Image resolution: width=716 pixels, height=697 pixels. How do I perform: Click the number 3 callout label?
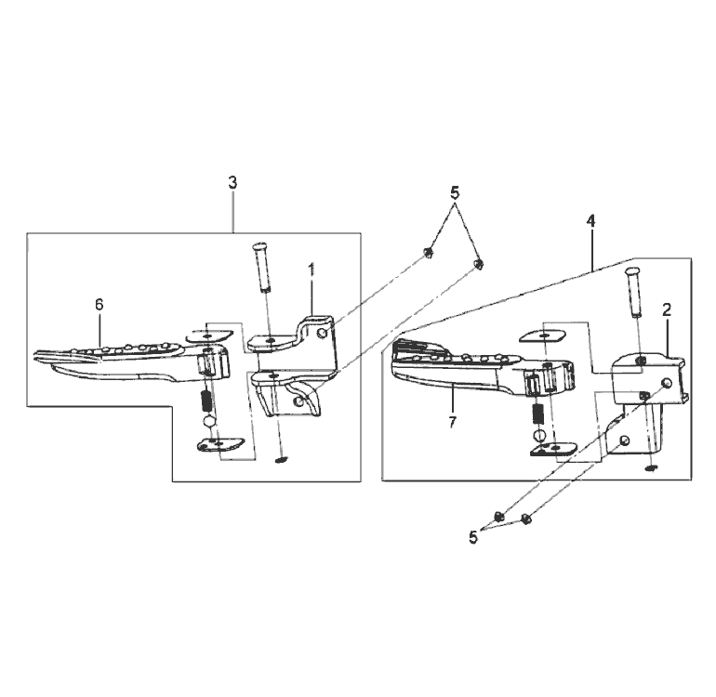tap(232, 183)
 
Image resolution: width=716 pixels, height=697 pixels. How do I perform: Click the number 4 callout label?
tap(590, 221)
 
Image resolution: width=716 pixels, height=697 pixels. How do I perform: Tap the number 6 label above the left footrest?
tap(99, 305)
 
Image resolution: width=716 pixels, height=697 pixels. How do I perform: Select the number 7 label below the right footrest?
tap(452, 422)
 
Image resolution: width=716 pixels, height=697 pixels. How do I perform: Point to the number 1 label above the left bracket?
tap(312, 270)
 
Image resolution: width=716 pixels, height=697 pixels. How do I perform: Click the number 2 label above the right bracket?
tap(667, 309)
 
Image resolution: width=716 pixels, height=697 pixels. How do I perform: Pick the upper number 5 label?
tap(455, 193)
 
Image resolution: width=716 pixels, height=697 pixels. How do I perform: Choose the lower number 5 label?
tap(473, 538)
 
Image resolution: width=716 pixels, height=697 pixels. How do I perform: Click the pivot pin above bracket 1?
tap(262, 267)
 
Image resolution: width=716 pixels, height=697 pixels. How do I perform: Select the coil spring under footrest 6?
tap(206, 401)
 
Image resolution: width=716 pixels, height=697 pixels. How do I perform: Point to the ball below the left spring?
tap(208, 420)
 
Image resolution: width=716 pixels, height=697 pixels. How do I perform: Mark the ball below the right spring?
tap(539, 434)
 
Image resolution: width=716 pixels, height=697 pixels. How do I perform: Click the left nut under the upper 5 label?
tap(428, 252)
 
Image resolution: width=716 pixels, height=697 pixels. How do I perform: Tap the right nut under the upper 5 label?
tap(479, 263)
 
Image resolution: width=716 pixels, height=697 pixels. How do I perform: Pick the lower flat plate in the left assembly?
tap(220, 444)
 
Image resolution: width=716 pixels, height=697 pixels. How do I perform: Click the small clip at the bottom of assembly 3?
tap(281, 459)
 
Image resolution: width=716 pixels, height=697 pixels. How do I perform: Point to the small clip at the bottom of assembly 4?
tap(651, 467)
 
